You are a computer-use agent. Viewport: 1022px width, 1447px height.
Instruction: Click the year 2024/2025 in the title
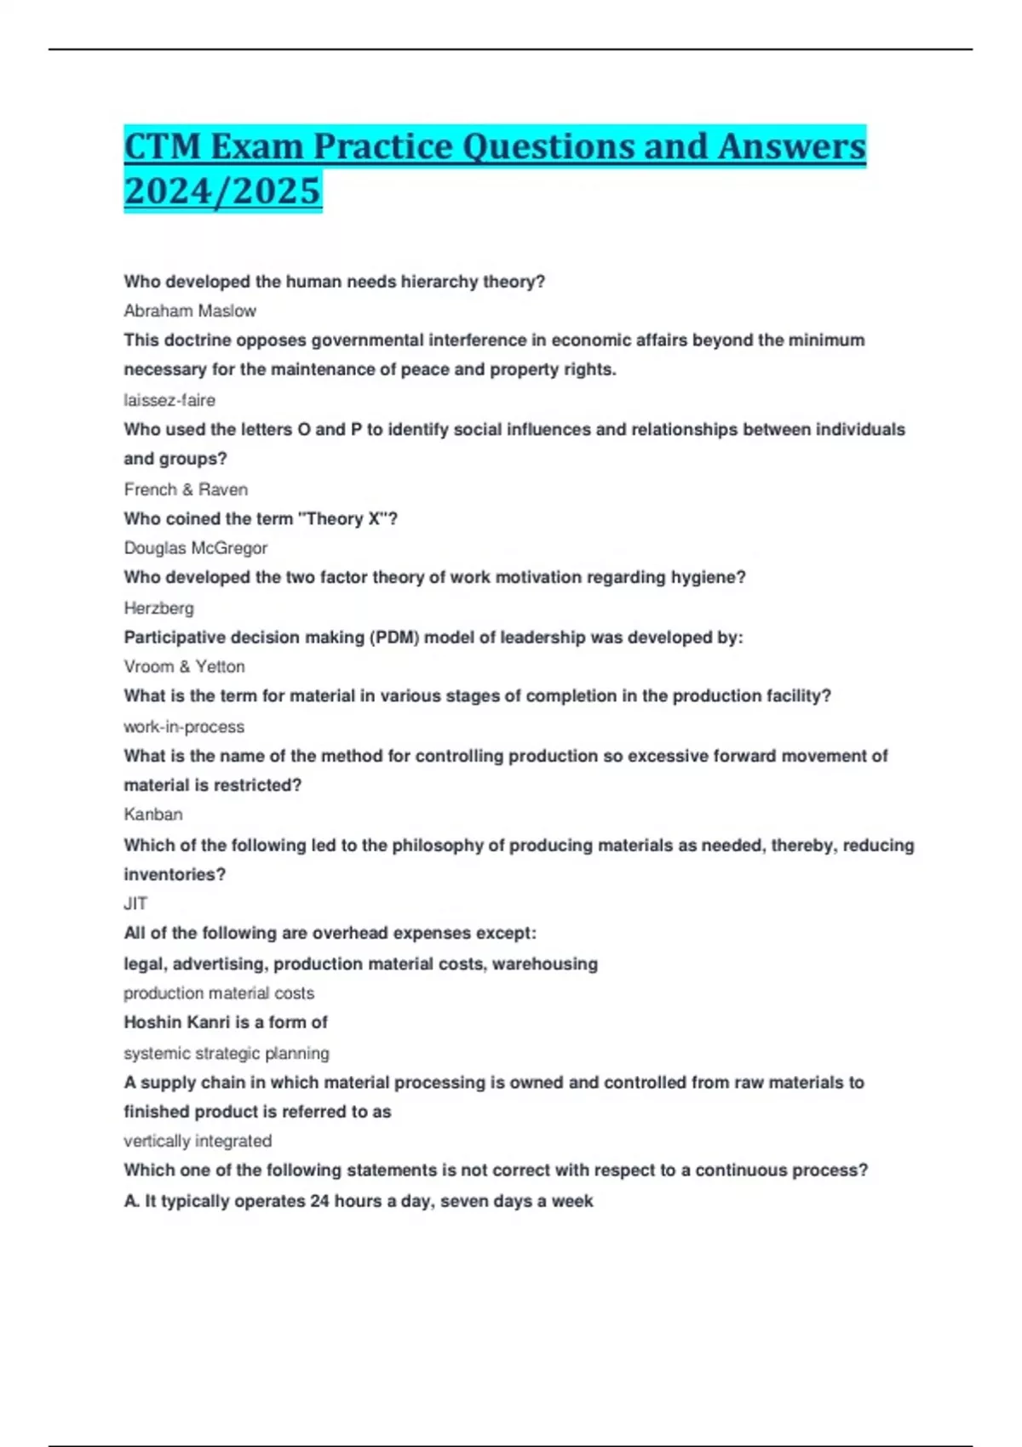tap(222, 191)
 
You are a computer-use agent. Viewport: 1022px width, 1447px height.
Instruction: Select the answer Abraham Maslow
tap(190, 311)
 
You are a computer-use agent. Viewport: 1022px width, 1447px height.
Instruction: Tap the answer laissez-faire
tap(169, 400)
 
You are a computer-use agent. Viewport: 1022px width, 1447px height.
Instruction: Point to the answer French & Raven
tap(186, 489)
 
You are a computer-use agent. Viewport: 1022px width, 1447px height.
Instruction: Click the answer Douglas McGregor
tap(195, 548)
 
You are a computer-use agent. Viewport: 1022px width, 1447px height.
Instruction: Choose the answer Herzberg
tap(158, 608)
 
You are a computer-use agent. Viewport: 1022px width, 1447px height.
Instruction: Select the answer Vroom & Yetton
tap(184, 666)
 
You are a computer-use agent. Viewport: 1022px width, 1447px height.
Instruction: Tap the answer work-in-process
tap(184, 727)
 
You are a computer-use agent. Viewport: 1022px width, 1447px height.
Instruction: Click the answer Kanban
tap(153, 815)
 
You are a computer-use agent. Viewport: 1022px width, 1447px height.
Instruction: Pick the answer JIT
tap(135, 904)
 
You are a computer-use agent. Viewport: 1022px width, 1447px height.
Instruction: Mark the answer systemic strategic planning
tap(227, 1053)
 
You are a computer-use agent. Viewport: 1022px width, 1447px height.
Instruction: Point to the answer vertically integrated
tap(198, 1141)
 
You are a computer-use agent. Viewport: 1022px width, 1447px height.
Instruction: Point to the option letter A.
tap(131, 1201)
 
